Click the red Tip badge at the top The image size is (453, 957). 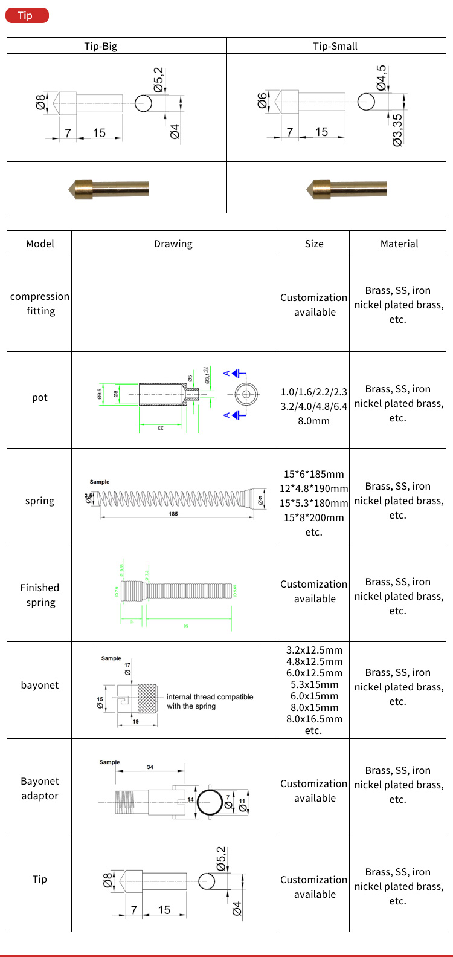27,15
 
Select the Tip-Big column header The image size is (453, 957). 100,46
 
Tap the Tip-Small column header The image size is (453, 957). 335,46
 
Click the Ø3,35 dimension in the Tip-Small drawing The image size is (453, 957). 397,130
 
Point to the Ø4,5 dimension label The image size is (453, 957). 382,78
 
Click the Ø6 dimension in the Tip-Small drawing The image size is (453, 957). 262,101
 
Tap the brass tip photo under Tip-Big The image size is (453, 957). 109,189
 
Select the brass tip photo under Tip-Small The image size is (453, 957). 346,189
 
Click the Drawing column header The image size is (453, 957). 173,244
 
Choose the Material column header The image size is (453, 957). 399,244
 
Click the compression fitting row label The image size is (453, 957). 40,303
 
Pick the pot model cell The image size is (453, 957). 40,398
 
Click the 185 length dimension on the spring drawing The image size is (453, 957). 173,514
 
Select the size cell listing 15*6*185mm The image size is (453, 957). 313,503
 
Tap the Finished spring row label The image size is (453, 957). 40,595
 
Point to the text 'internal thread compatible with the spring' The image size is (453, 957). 210,701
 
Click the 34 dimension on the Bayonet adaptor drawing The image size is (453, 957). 150,767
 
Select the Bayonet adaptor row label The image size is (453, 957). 40,788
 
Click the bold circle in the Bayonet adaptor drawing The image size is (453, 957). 210,802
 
